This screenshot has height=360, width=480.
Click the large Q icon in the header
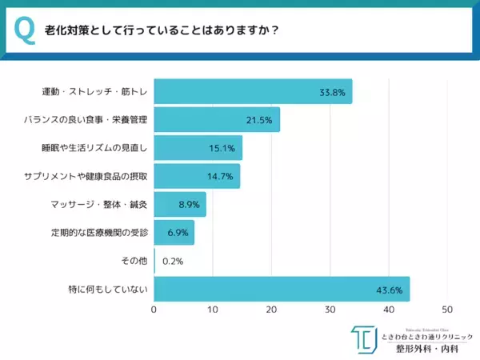click(x=25, y=30)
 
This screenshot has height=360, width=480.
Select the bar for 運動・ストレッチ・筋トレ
click(x=252, y=91)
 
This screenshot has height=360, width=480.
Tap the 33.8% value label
click(x=332, y=92)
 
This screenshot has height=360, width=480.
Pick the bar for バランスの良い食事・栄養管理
click(x=216, y=120)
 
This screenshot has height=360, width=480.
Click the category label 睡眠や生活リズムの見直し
click(x=96, y=148)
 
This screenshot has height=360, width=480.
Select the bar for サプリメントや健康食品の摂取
click(x=196, y=176)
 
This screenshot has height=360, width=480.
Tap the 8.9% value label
click(x=189, y=205)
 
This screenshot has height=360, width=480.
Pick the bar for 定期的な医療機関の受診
click(x=174, y=233)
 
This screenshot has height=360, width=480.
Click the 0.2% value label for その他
click(x=173, y=261)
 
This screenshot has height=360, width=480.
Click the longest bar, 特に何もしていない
click(x=281, y=289)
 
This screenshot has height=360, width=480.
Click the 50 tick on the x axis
click(x=447, y=310)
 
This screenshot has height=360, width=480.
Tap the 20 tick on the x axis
click(x=271, y=310)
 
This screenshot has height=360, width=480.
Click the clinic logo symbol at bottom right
click(x=365, y=340)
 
